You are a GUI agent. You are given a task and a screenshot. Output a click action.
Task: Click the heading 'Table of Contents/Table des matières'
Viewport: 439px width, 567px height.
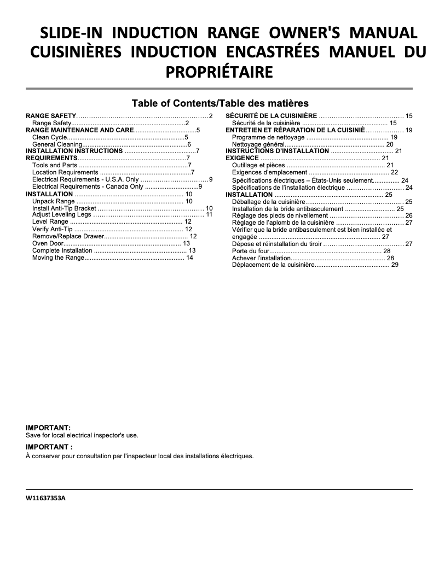220,103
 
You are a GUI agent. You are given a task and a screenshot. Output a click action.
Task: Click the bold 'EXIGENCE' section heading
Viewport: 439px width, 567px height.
242,158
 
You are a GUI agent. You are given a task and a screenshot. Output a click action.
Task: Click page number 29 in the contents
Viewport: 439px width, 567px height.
395,265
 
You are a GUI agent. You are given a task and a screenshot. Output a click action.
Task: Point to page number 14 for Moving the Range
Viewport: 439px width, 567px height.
189,258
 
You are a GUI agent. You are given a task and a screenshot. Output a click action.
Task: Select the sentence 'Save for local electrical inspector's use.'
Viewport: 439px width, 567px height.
82,435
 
